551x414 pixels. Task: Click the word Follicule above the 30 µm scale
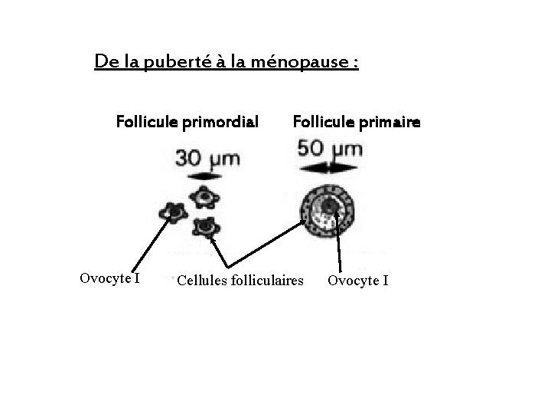pos(148,121)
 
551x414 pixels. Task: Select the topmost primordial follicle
pos(205,199)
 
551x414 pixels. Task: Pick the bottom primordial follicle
pos(205,226)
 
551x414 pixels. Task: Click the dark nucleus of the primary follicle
pos(330,205)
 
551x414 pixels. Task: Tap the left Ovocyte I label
pos(109,278)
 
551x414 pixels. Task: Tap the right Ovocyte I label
pos(358,281)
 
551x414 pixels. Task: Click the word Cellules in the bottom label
pos(203,281)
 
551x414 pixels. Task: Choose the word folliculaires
pos(267,281)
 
